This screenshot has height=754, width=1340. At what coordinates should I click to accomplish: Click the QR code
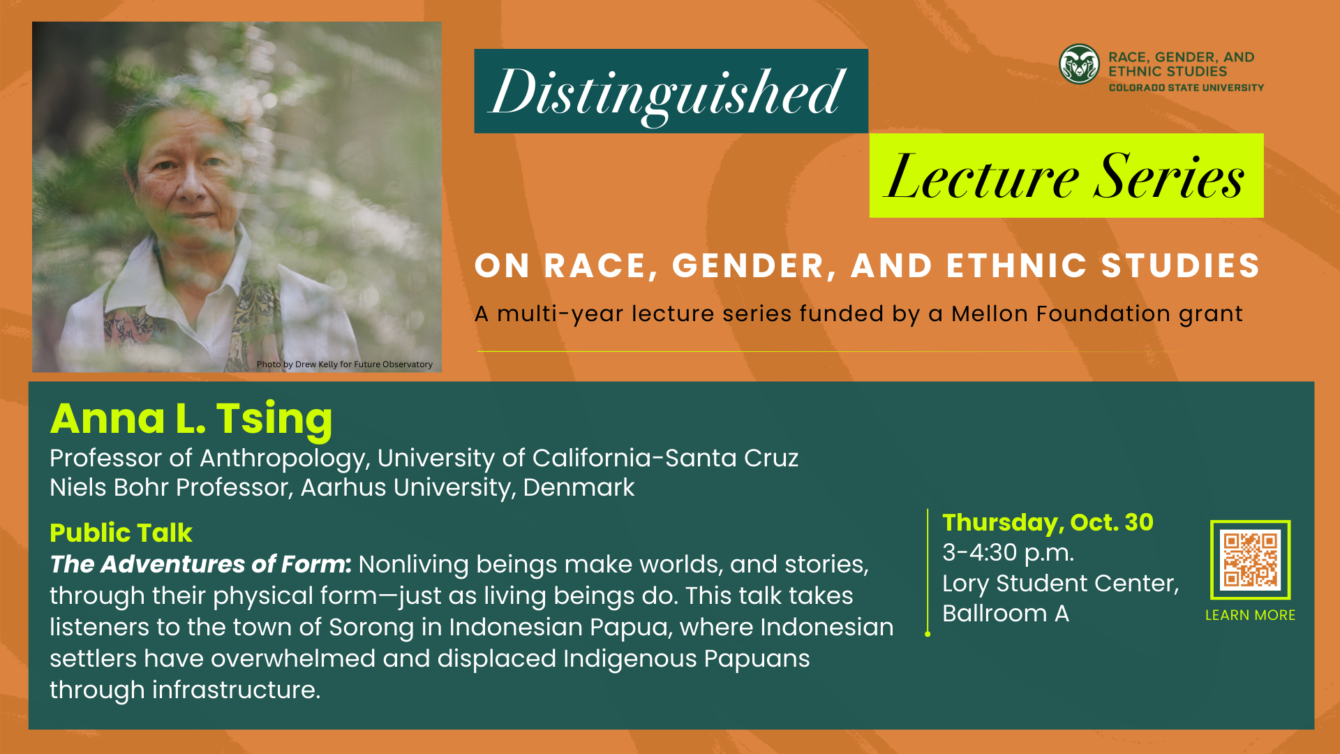pyautogui.click(x=1250, y=559)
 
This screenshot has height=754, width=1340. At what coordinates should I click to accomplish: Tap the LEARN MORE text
pyautogui.click(x=1250, y=615)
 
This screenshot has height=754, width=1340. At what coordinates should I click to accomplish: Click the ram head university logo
pyautogui.click(x=1079, y=64)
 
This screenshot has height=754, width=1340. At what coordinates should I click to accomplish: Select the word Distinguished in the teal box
pyautogui.click(x=669, y=93)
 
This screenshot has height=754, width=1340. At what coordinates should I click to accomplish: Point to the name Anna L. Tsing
pyautogui.click(x=191, y=419)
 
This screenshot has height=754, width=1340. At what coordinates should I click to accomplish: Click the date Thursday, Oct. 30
pyautogui.click(x=1048, y=522)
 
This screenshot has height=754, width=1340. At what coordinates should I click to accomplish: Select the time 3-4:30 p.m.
pyautogui.click(x=1008, y=553)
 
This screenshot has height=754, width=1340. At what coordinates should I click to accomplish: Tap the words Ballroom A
pyautogui.click(x=1005, y=614)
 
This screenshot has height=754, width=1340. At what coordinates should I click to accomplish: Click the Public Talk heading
pyautogui.click(x=121, y=533)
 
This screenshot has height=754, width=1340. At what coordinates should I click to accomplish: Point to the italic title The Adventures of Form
pyautogui.click(x=200, y=564)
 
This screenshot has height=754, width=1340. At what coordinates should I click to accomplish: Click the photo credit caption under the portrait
pyautogui.click(x=344, y=364)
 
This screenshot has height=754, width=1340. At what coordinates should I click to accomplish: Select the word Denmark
pyautogui.click(x=579, y=487)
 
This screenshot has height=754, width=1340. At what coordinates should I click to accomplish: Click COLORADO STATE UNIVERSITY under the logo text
pyautogui.click(x=1186, y=88)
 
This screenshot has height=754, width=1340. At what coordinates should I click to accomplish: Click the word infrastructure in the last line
pyautogui.click(x=236, y=690)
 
